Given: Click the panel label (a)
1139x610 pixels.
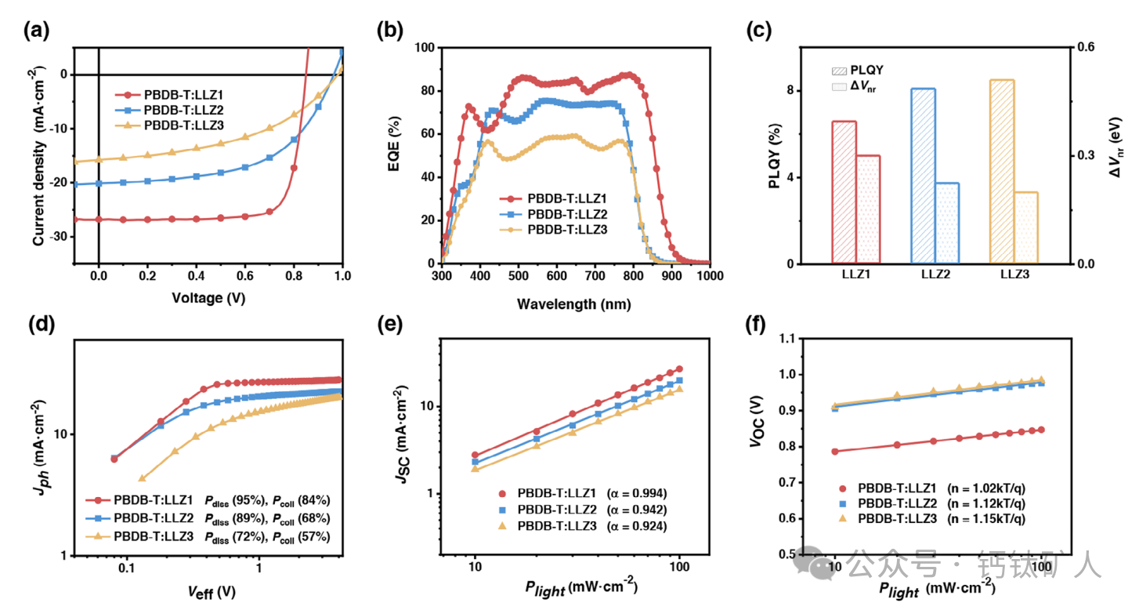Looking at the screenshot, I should click(36, 31).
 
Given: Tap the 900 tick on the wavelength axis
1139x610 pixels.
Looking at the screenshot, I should click(671, 278).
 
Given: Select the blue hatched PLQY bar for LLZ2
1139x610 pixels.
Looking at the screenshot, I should click(923, 176).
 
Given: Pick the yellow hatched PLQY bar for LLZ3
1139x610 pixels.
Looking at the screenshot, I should click(1002, 172).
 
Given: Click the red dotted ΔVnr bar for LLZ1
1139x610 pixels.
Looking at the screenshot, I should click(868, 209).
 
